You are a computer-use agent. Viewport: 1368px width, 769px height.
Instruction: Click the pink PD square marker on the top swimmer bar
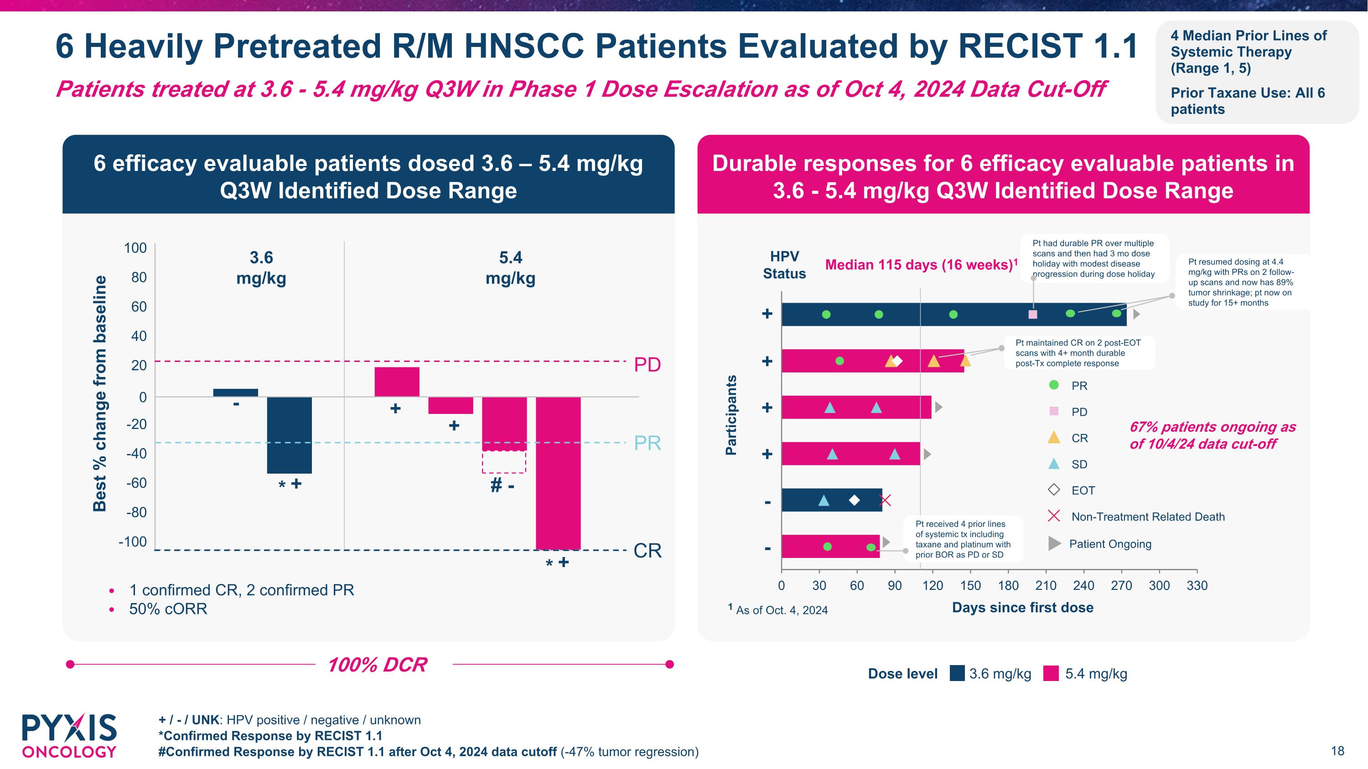click(1032, 314)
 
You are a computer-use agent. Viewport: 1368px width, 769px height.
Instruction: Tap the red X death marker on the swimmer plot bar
click(884, 500)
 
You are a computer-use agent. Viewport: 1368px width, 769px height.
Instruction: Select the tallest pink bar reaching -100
click(558, 472)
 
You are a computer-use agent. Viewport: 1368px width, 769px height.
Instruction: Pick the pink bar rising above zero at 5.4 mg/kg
click(397, 382)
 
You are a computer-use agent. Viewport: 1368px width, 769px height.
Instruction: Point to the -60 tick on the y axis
click(136, 483)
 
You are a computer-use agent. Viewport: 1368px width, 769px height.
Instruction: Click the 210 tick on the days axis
click(1046, 585)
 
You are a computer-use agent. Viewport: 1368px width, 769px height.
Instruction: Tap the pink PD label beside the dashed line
click(648, 365)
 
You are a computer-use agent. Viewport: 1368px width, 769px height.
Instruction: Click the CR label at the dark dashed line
click(648, 551)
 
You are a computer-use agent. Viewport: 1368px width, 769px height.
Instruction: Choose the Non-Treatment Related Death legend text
click(1148, 517)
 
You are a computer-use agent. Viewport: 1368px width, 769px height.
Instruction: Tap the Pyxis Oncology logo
click(69, 736)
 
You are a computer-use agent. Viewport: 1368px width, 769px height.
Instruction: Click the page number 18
click(1337, 751)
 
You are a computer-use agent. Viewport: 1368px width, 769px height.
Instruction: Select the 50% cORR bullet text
click(168, 609)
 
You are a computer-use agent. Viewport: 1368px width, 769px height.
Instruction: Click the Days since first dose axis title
click(1022, 608)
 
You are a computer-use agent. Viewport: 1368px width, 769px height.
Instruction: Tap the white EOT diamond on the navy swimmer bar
click(854, 500)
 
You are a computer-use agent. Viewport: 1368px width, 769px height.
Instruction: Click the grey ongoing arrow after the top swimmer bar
click(1136, 314)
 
